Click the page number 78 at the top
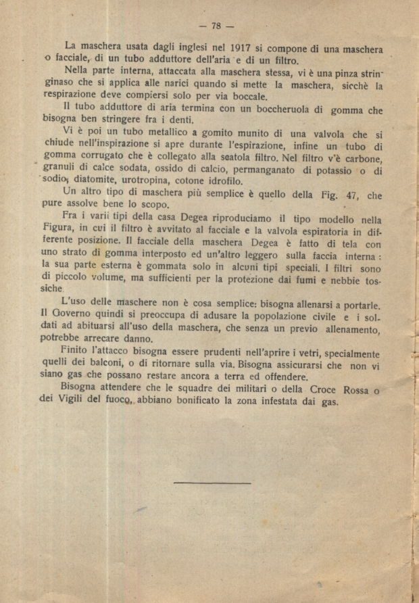tap(217, 26)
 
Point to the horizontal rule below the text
tap(212, 483)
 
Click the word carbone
tap(362, 159)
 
